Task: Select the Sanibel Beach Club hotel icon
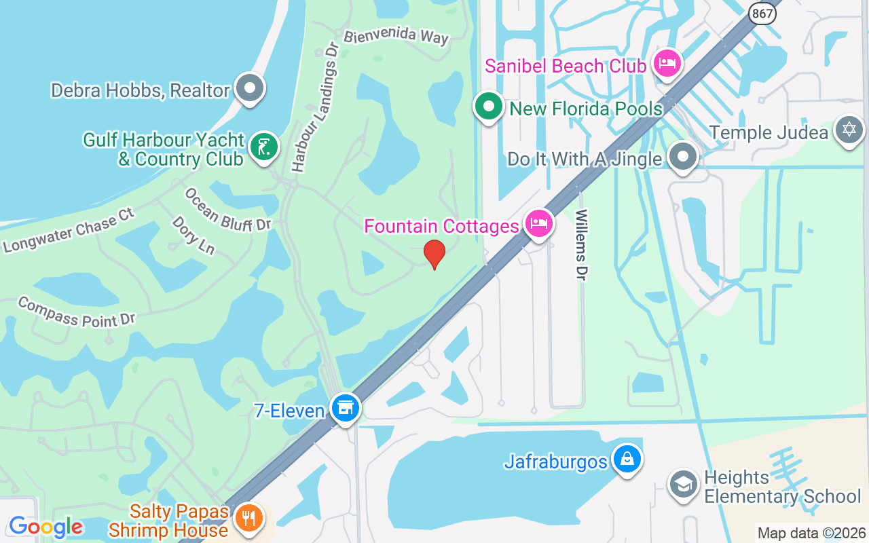tap(668, 64)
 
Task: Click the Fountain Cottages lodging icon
tap(539, 223)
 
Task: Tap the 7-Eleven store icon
tap(346, 408)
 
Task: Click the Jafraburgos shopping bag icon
tap(627, 460)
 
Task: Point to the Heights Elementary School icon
tap(683, 484)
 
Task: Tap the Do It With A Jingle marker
tap(682, 157)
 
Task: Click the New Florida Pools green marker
tap(488, 107)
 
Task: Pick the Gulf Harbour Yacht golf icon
tap(263, 147)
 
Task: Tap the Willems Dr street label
tap(582, 244)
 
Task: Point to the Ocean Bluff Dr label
tap(227, 210)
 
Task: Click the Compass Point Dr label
tap(77, 312)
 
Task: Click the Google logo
tap(45, 527)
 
